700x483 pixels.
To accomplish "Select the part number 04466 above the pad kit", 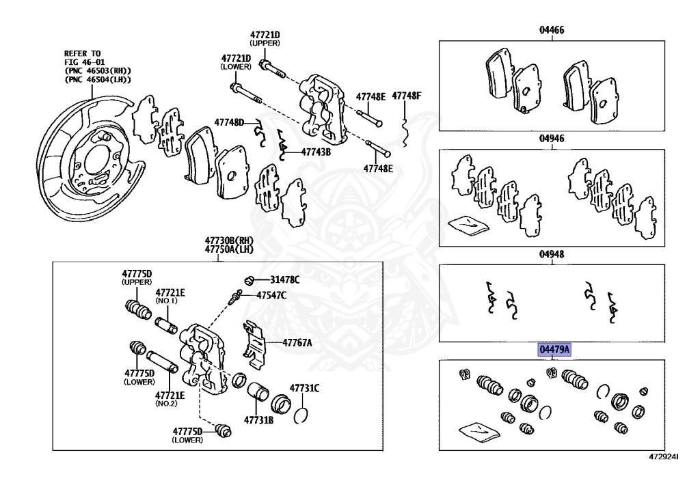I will [551, 31].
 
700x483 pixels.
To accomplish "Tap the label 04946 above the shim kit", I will [551, 138].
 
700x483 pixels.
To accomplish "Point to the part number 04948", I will [551, 253].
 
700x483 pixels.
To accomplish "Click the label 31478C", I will [284, 279].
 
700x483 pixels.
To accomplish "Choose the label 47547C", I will [271, 295].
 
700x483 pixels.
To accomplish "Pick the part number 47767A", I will [295, 343].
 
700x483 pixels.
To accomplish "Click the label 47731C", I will [304, 389].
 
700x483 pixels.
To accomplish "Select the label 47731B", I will [259, 421].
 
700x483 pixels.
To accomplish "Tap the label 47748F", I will [407, 96].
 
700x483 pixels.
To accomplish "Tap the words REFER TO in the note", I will [83, 53].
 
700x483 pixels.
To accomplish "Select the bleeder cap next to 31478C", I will [251, 279].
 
